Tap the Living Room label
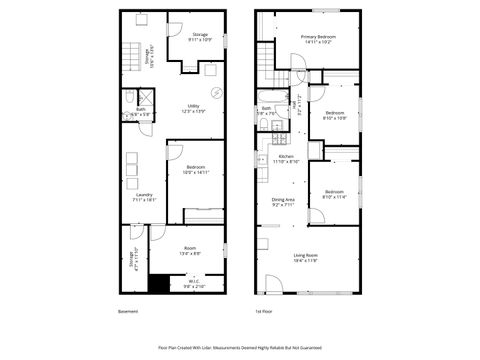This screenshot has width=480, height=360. pyautogui.click(x=305, y=258)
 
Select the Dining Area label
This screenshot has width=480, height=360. pyautogui.click(x=283, y=203)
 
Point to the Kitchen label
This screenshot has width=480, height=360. pyautogui.click(x=285, y=159)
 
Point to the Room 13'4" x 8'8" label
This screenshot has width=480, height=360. pyautogui.click(x=190, y=251)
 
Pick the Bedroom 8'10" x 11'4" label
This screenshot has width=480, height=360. pyautogui.click(x=334, y=195)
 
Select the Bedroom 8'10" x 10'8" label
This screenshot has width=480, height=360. pyautogui.click(x=335, y=116)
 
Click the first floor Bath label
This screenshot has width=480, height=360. pyautogui.click(x=267, y=110)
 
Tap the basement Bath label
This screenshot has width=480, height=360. pyautogui.click(x=141, y=112)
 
